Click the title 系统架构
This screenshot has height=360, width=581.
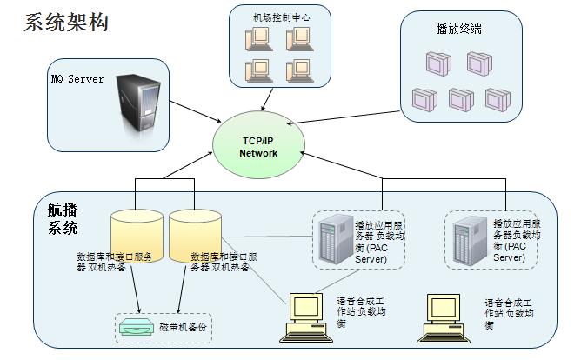point(66,23)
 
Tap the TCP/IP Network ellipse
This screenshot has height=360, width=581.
point(258,147)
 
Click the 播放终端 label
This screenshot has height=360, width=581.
point(459,30)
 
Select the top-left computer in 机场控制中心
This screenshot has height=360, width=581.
point(260,38)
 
